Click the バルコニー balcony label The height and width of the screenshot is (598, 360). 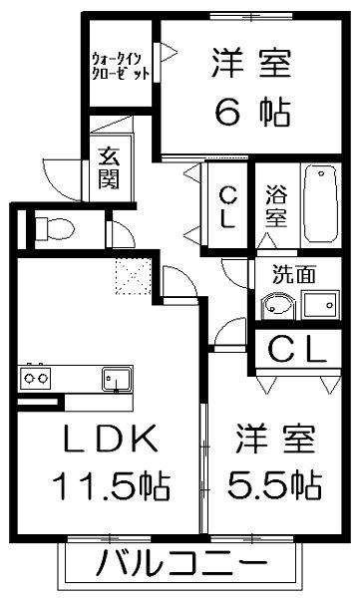(x=180, y=565)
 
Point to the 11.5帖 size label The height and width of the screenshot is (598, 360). (x=111, y=487)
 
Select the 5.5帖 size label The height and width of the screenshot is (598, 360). (x=278, y=486)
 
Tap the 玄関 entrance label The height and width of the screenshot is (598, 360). (x=109, y=169)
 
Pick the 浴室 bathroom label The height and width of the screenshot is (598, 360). (x=275, y=205)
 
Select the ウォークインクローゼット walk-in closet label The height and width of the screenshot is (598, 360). (x=122, y=66)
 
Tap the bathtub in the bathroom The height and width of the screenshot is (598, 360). (x=321, y=205)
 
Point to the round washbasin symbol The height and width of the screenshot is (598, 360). (x=275, y=306)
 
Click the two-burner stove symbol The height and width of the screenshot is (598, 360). (x=36, y=379)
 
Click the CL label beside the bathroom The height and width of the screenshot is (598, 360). (x=226, y=206)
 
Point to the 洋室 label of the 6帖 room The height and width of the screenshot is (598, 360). (x=250, y=63)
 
